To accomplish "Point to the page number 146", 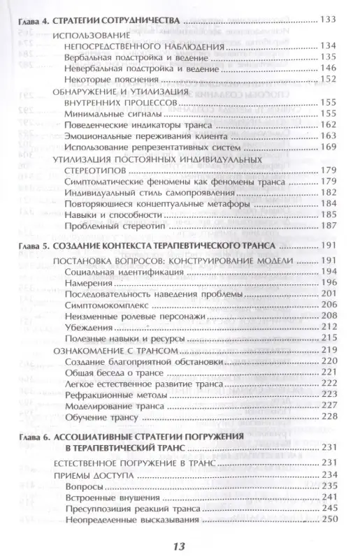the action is (x=328, y=68).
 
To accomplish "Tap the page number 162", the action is (x=328, y=124).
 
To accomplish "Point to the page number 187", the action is (x=328, y=227).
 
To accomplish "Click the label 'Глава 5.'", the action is (x=34, y=248).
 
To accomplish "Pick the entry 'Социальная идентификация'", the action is (x=110, y=272).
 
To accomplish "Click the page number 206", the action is (x=328, y=306).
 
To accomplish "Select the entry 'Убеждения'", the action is (x=82, y=328).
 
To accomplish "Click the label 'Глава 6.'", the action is (x=34, y=437).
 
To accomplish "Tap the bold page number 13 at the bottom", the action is (x=180, y=544).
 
